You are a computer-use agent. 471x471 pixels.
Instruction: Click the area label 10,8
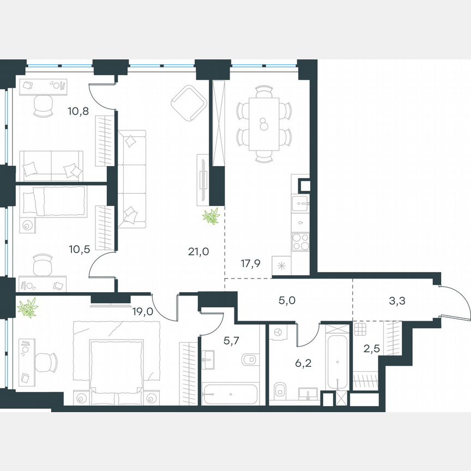pyautogui.click(x=78, y=112)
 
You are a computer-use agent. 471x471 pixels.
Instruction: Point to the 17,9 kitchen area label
pyautogui.click(x=251, y=264)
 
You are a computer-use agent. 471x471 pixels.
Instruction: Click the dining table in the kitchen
pyautogui.click(x=264, y=124)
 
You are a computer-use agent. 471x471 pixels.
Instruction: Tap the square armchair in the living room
pyautogui.click(x=188, y=102)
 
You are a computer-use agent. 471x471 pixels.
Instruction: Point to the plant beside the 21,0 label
pyautogui.click(x=211, y=216)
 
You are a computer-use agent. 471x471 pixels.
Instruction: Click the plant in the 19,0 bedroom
pyautogui.click(x=28, y=309)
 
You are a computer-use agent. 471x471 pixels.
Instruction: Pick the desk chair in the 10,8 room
pyautogui.click(x=42, y=105)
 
